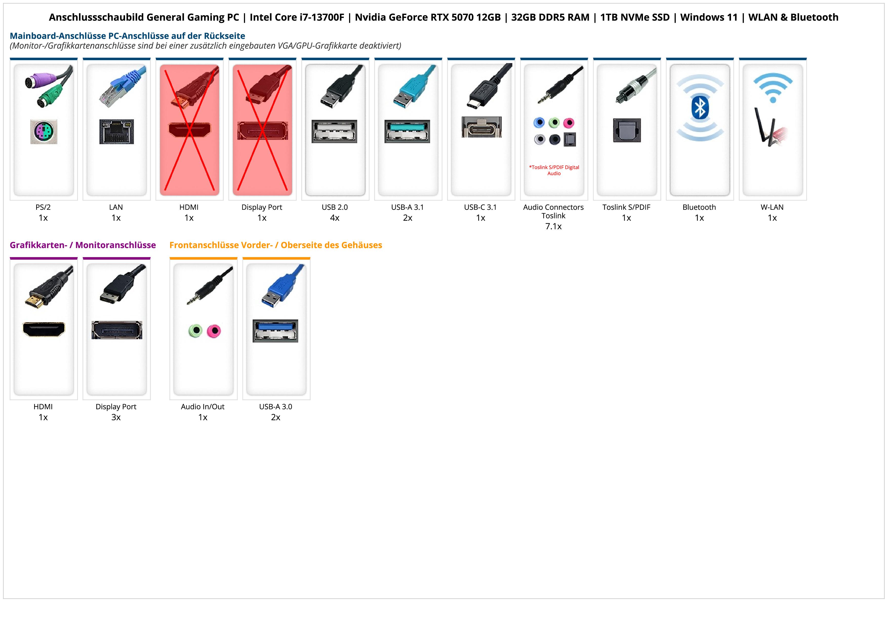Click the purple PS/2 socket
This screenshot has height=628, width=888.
44,132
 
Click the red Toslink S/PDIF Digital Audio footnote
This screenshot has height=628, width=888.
554,170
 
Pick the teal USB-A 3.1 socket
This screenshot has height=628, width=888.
407,131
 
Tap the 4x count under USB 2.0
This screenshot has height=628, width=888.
335,218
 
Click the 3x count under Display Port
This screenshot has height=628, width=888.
116,417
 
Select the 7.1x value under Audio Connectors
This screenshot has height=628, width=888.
553,226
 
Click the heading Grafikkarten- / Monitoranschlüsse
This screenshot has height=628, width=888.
83,245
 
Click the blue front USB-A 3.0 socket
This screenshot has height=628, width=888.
275,331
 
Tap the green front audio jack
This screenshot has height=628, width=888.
196,331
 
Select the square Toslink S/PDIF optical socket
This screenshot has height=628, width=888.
627,130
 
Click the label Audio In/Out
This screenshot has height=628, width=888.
203,407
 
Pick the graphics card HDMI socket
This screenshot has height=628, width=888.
44,329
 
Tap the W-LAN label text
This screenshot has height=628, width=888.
772,207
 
